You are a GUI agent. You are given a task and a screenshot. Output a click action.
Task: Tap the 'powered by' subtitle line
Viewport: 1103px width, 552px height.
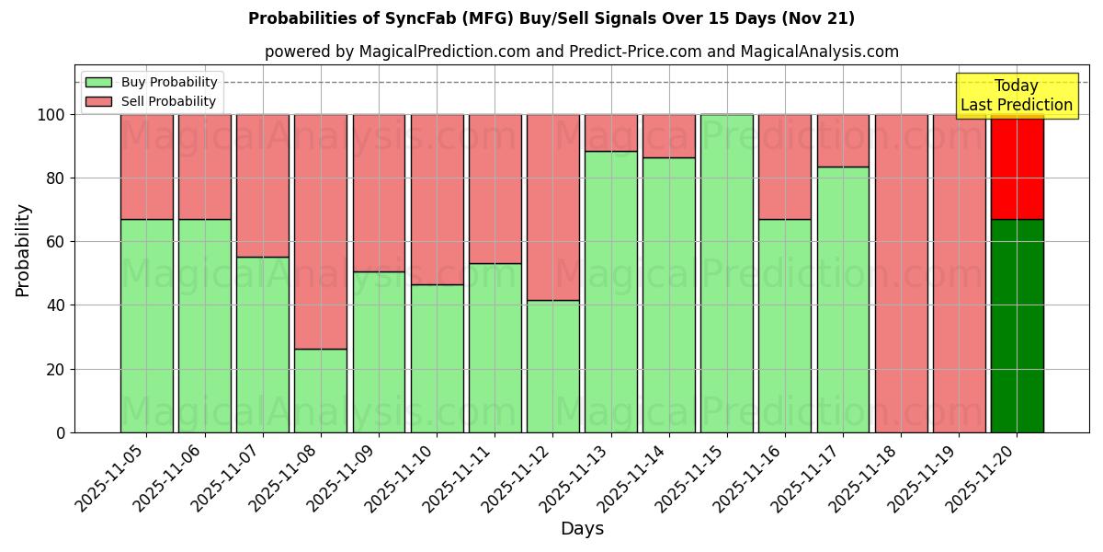point(581,52)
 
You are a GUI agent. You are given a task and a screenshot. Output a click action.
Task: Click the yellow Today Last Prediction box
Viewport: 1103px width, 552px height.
point(1016,96)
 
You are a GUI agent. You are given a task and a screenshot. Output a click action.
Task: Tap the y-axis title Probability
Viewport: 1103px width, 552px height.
point(23,250)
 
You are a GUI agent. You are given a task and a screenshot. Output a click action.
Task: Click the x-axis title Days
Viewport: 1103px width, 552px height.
point(582,529)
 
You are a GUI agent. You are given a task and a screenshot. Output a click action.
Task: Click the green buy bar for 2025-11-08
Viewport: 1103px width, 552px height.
point(321,390)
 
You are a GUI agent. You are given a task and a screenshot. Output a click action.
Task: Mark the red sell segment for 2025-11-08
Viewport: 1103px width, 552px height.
point(321,231)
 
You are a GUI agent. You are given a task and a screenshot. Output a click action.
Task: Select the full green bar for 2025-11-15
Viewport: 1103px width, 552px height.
point(727,273)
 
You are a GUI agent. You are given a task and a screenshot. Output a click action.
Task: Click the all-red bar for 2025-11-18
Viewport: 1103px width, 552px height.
point(901,273)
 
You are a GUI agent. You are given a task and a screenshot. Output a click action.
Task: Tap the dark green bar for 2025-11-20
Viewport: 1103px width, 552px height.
point(1017,326)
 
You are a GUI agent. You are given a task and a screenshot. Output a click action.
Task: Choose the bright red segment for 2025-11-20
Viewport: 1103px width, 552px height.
point(1017,167)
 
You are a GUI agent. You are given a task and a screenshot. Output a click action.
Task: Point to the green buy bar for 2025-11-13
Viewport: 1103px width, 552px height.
point(611,292)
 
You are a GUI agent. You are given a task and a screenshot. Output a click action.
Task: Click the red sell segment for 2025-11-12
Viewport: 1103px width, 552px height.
point(553,207)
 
